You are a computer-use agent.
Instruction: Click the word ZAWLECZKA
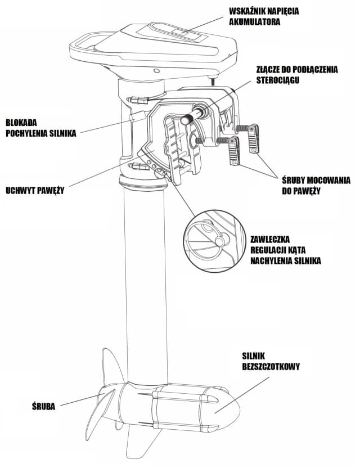point(273,239)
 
